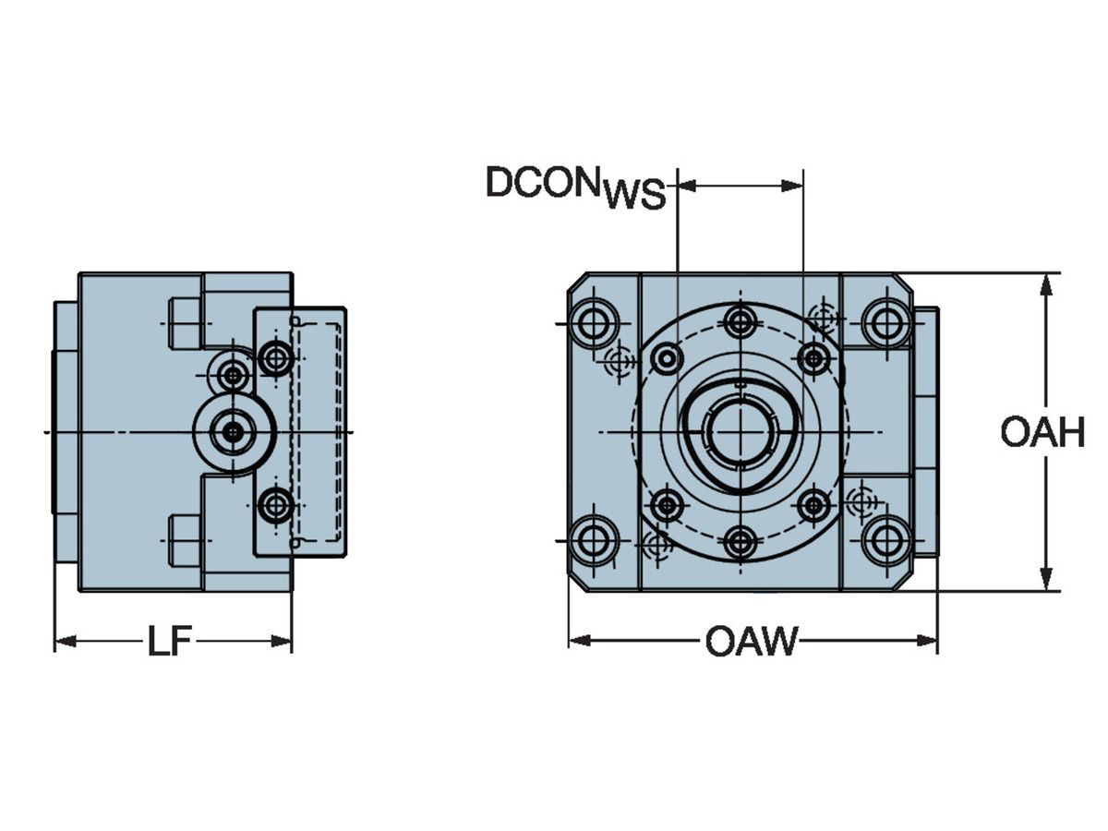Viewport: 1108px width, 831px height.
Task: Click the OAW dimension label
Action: click(751, 641)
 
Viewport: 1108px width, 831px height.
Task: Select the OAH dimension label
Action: click(1042, 432)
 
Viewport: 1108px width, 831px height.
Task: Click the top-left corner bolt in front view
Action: click(592, 323)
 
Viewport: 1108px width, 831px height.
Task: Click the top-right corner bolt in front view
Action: click(885, 323)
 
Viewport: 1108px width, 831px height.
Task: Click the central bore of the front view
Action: click(740, 431)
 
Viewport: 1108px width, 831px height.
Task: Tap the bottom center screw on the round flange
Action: click(740, 541)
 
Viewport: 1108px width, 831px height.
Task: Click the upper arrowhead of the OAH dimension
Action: click(1045, 283)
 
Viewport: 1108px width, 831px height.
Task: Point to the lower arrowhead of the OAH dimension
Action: click(1045, 582)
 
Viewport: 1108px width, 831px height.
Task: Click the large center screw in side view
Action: click(234, 431)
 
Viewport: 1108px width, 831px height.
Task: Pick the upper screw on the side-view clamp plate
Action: click(275, 356)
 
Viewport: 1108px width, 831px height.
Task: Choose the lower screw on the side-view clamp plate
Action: click(275, 505)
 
